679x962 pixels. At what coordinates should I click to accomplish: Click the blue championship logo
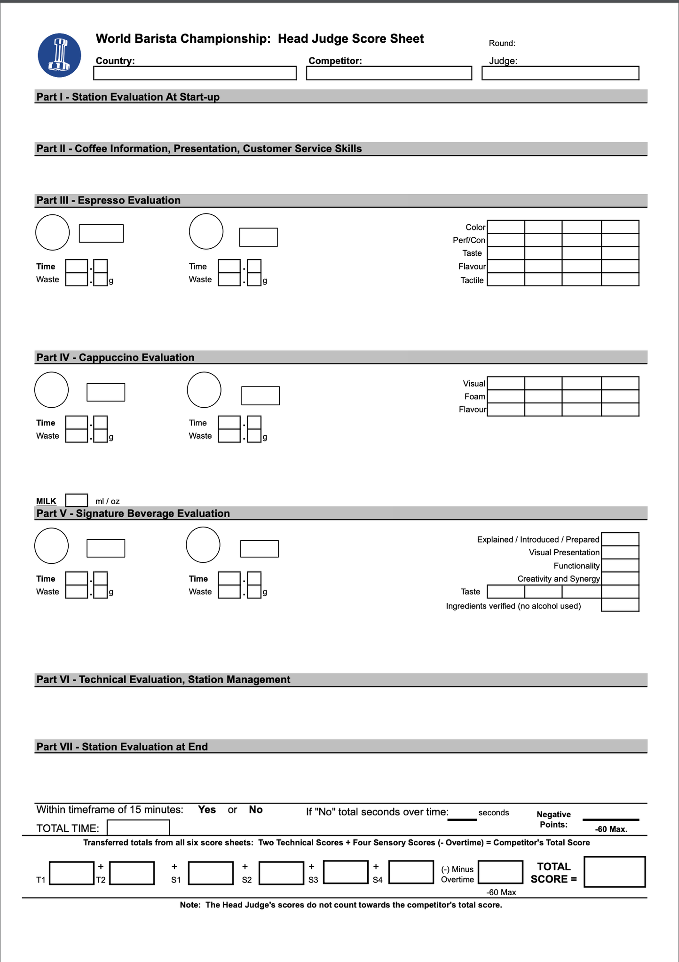59,55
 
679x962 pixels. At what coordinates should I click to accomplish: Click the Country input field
195,73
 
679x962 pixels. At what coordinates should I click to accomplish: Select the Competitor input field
389,73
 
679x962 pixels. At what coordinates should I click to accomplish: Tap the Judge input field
560,73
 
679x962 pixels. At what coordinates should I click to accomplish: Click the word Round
501,43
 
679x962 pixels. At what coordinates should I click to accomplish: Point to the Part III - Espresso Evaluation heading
109,200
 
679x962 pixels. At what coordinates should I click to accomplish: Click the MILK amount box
77,500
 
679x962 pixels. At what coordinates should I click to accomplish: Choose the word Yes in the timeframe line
207,810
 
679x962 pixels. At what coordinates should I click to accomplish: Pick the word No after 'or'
256,810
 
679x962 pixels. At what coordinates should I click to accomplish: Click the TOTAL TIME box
138,828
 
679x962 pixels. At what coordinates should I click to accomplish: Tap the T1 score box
71,873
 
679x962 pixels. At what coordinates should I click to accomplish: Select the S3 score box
346,872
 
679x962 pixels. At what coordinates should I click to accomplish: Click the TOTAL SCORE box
614,872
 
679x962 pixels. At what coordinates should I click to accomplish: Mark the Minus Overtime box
500,872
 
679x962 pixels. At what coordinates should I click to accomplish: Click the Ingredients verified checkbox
620,605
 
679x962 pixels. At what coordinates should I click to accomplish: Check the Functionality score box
620,566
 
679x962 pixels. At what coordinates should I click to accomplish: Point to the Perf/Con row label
469,240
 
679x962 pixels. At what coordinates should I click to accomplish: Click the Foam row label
474,397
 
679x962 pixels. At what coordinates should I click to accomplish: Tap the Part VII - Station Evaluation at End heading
122,747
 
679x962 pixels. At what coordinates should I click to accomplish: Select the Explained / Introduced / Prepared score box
620,539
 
